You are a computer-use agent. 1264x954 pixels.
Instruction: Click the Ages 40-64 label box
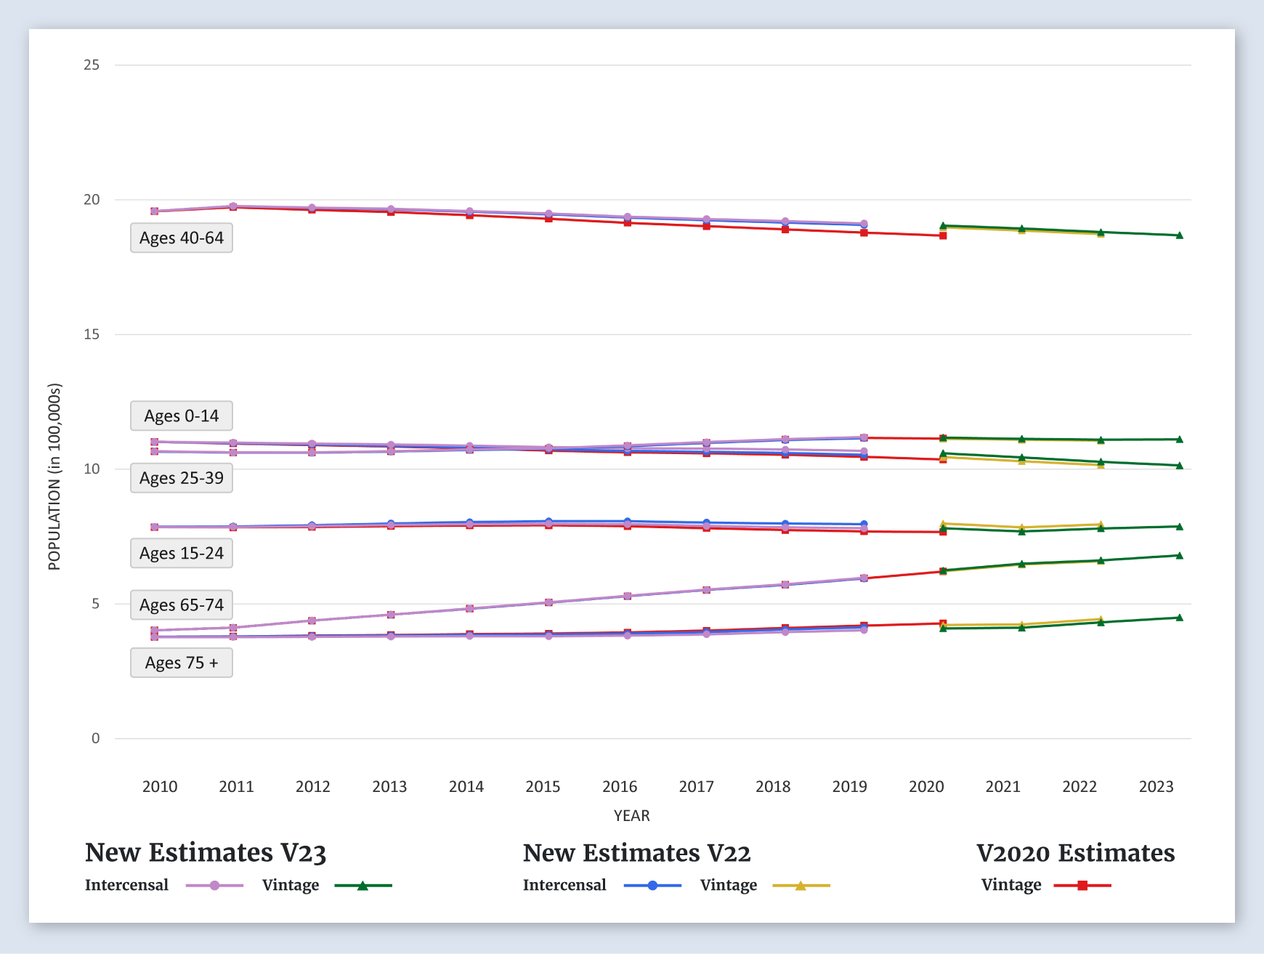click(182, 238)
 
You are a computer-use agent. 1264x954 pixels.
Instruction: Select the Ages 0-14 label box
click(182, 416)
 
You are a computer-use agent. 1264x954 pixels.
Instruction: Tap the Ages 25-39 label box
click(182, 478)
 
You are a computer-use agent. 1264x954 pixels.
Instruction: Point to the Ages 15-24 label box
click(182, 554)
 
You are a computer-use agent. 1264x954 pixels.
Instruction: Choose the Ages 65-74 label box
click(182, 605)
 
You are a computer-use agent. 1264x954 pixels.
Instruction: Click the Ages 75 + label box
click(182, 663)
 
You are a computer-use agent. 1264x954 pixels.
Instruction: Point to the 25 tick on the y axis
click(92, 65)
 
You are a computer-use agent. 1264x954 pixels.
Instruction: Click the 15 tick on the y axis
click(92, 334)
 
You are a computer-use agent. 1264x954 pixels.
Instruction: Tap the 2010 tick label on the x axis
click(160, 787)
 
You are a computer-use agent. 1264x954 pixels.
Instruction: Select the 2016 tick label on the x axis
click(620, 787)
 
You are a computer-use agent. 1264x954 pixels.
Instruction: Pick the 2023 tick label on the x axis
click(1156, 787)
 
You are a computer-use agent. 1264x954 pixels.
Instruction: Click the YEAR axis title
click(632, 816)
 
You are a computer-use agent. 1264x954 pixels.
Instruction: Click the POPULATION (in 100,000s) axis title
click(54, 477)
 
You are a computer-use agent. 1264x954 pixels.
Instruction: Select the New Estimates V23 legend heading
click(206, 853)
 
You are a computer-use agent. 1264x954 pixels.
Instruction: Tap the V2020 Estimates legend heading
click(1075, 853)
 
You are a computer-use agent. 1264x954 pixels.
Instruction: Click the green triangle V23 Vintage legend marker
click(362, 886)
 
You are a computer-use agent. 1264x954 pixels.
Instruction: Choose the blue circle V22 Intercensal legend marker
click(652, 886)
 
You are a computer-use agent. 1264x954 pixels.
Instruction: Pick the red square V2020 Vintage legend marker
click(1082, 886)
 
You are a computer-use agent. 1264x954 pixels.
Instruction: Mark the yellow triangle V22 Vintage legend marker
click(801, 886)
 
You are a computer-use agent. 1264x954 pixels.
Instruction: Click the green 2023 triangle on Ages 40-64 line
click(1179, 235)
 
